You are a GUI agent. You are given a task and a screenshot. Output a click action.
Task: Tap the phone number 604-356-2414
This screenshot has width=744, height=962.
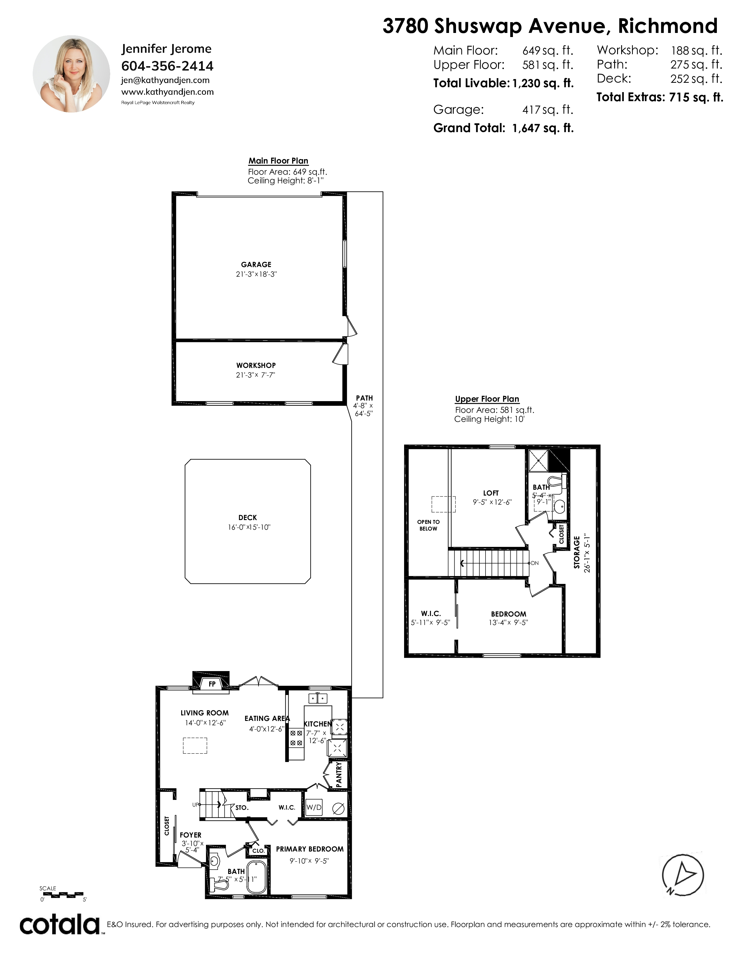167,66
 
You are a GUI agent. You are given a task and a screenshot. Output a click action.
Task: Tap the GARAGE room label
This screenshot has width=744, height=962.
256,265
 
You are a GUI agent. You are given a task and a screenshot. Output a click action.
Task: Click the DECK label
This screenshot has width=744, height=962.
248,517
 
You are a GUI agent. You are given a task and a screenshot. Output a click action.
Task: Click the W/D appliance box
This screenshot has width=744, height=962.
314,807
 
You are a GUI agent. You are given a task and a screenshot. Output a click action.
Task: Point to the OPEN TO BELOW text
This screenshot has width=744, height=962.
428,525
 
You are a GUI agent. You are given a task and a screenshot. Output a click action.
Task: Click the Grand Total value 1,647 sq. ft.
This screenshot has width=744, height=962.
543,128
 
